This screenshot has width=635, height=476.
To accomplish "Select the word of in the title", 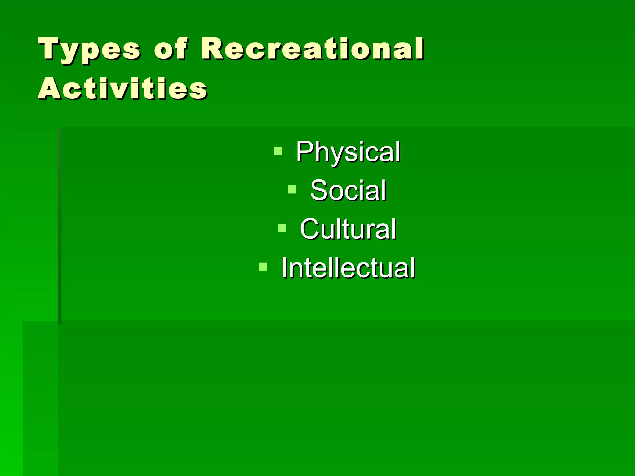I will (171, 49).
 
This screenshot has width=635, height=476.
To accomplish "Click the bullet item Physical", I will (348, 152).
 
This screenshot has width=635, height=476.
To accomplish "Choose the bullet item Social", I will (348, 190).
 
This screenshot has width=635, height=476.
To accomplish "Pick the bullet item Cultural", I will (348, 229).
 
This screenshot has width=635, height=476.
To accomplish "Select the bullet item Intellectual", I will (348, 268).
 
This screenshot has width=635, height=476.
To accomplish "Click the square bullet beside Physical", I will (278, 151).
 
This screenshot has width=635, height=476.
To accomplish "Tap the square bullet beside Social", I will (292, 189).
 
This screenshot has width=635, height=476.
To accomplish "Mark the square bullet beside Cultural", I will (282, 228).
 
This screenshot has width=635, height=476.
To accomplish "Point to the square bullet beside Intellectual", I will (263, 267).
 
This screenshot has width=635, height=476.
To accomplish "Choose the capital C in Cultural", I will (310, 229).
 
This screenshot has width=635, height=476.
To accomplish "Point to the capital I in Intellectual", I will (284, 268).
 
